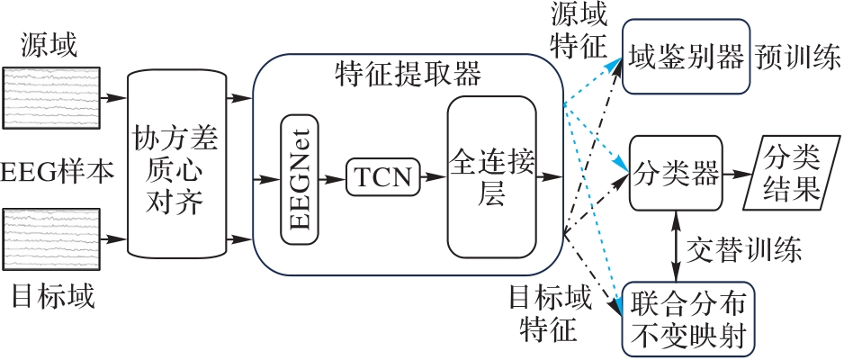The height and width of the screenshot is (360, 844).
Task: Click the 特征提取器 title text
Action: [x=408, y=70]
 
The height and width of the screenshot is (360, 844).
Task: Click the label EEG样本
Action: [x=58, y=169]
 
